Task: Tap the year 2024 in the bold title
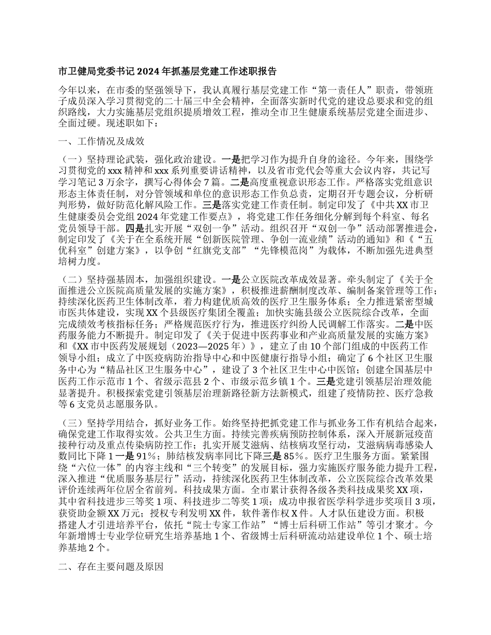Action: point(151,71)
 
